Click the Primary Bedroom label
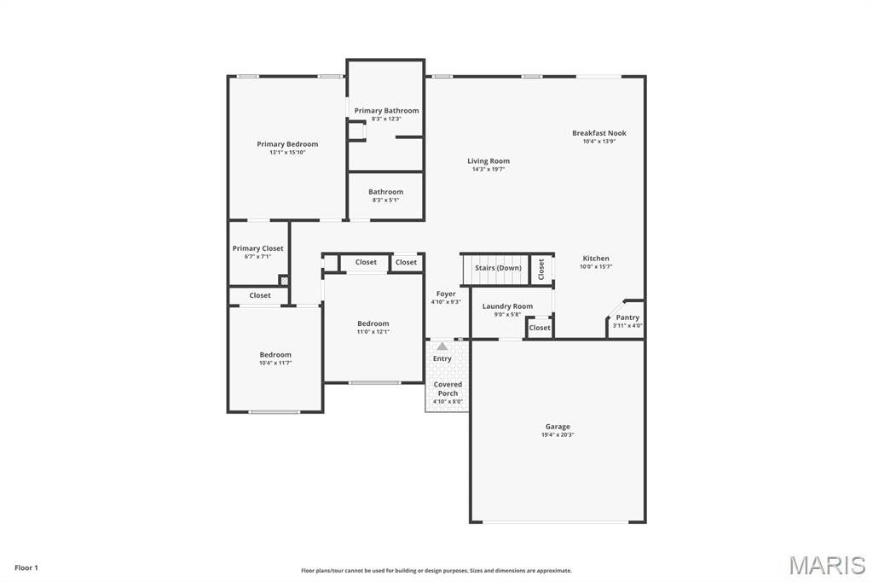pos(287,144)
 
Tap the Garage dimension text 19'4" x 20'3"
pos(558,435)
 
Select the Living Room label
pos(489,160)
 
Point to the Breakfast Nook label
pos(598,133)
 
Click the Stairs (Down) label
pos(498,268)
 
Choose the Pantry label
pos(627,317)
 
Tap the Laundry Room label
pos(507,306)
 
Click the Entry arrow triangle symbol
pos(442,346)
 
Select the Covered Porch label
pos(448,389)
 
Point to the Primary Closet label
pos(257,248)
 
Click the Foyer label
pos(446,294)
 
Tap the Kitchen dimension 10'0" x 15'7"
pos(596,267)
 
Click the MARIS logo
pos(827,565)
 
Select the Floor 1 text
pos(26,567)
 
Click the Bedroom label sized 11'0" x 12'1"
pos(373,323)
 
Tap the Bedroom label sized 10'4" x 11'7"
pos(275,355)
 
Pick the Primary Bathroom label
pos(386,110)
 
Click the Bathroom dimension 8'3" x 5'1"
pos(385,201)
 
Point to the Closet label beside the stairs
pos(541,269)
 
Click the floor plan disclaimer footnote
pos(436,571)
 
